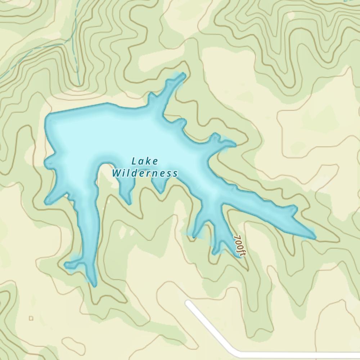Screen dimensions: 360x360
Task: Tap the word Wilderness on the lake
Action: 145,173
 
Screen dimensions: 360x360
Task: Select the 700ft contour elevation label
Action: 239,246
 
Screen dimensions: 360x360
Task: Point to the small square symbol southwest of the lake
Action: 31,318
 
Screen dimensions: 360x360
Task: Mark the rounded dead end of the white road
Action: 188,303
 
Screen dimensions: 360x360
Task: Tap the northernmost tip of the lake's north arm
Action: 184,75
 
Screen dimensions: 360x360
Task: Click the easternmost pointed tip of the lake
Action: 315,238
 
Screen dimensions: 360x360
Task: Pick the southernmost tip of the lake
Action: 94,286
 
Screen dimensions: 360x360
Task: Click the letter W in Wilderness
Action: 116,173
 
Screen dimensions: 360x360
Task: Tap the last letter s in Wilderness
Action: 175,174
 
